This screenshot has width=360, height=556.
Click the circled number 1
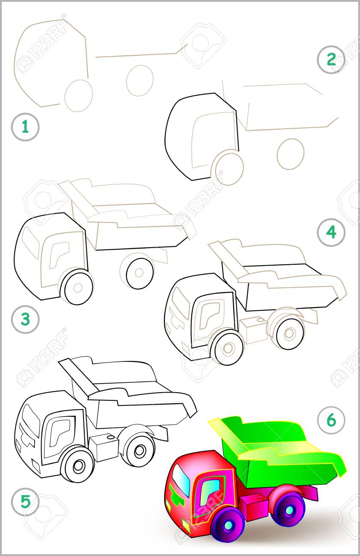click(x=25, y=127)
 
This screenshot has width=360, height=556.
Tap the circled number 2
click(x=331, y=59)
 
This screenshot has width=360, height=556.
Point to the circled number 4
click(x=331, y=232)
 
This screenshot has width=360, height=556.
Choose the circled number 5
click(x=25, y=501)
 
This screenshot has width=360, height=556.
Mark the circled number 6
click(x=331, y=420)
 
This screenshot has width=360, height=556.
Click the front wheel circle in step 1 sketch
click(x=79, y=95)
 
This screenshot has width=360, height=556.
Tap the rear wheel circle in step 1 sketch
click(x=140, y=80)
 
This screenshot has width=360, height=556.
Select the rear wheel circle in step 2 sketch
click(x=290, y=154)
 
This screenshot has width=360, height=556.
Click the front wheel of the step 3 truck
click(x=77, y=287)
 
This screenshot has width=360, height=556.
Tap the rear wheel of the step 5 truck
click(x=139, y=450)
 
